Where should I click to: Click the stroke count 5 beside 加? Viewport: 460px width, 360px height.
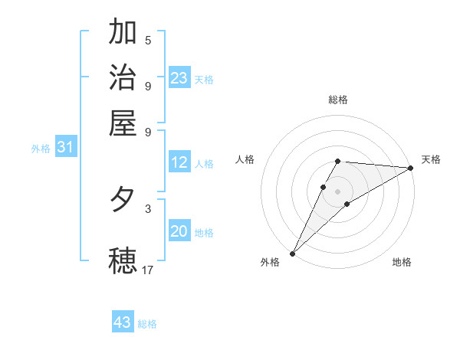coord(148,40)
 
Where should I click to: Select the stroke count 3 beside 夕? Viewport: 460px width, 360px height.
coord(148,208)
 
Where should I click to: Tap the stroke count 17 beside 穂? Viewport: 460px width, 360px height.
coord(148,270)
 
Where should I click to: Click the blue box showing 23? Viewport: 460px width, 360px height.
coord(179,77)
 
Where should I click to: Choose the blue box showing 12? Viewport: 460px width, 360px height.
coord(179,162)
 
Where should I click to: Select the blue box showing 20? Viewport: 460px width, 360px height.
coord(179,231)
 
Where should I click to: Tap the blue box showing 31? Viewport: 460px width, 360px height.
coord(65,148)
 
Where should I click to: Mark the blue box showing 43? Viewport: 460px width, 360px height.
coord(123,322)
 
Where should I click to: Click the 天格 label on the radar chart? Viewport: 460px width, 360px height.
coord(431,159)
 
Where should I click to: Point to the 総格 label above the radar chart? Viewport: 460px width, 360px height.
coord(338,100)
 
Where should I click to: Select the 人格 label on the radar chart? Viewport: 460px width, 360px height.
coord(245,159)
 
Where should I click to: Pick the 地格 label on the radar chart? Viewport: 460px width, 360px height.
coord(402,262)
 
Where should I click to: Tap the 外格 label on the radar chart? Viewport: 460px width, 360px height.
coord(270,262)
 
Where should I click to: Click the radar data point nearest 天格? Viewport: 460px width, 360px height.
coord(411,168)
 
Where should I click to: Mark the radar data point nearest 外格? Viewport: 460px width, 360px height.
coord(292,253)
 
